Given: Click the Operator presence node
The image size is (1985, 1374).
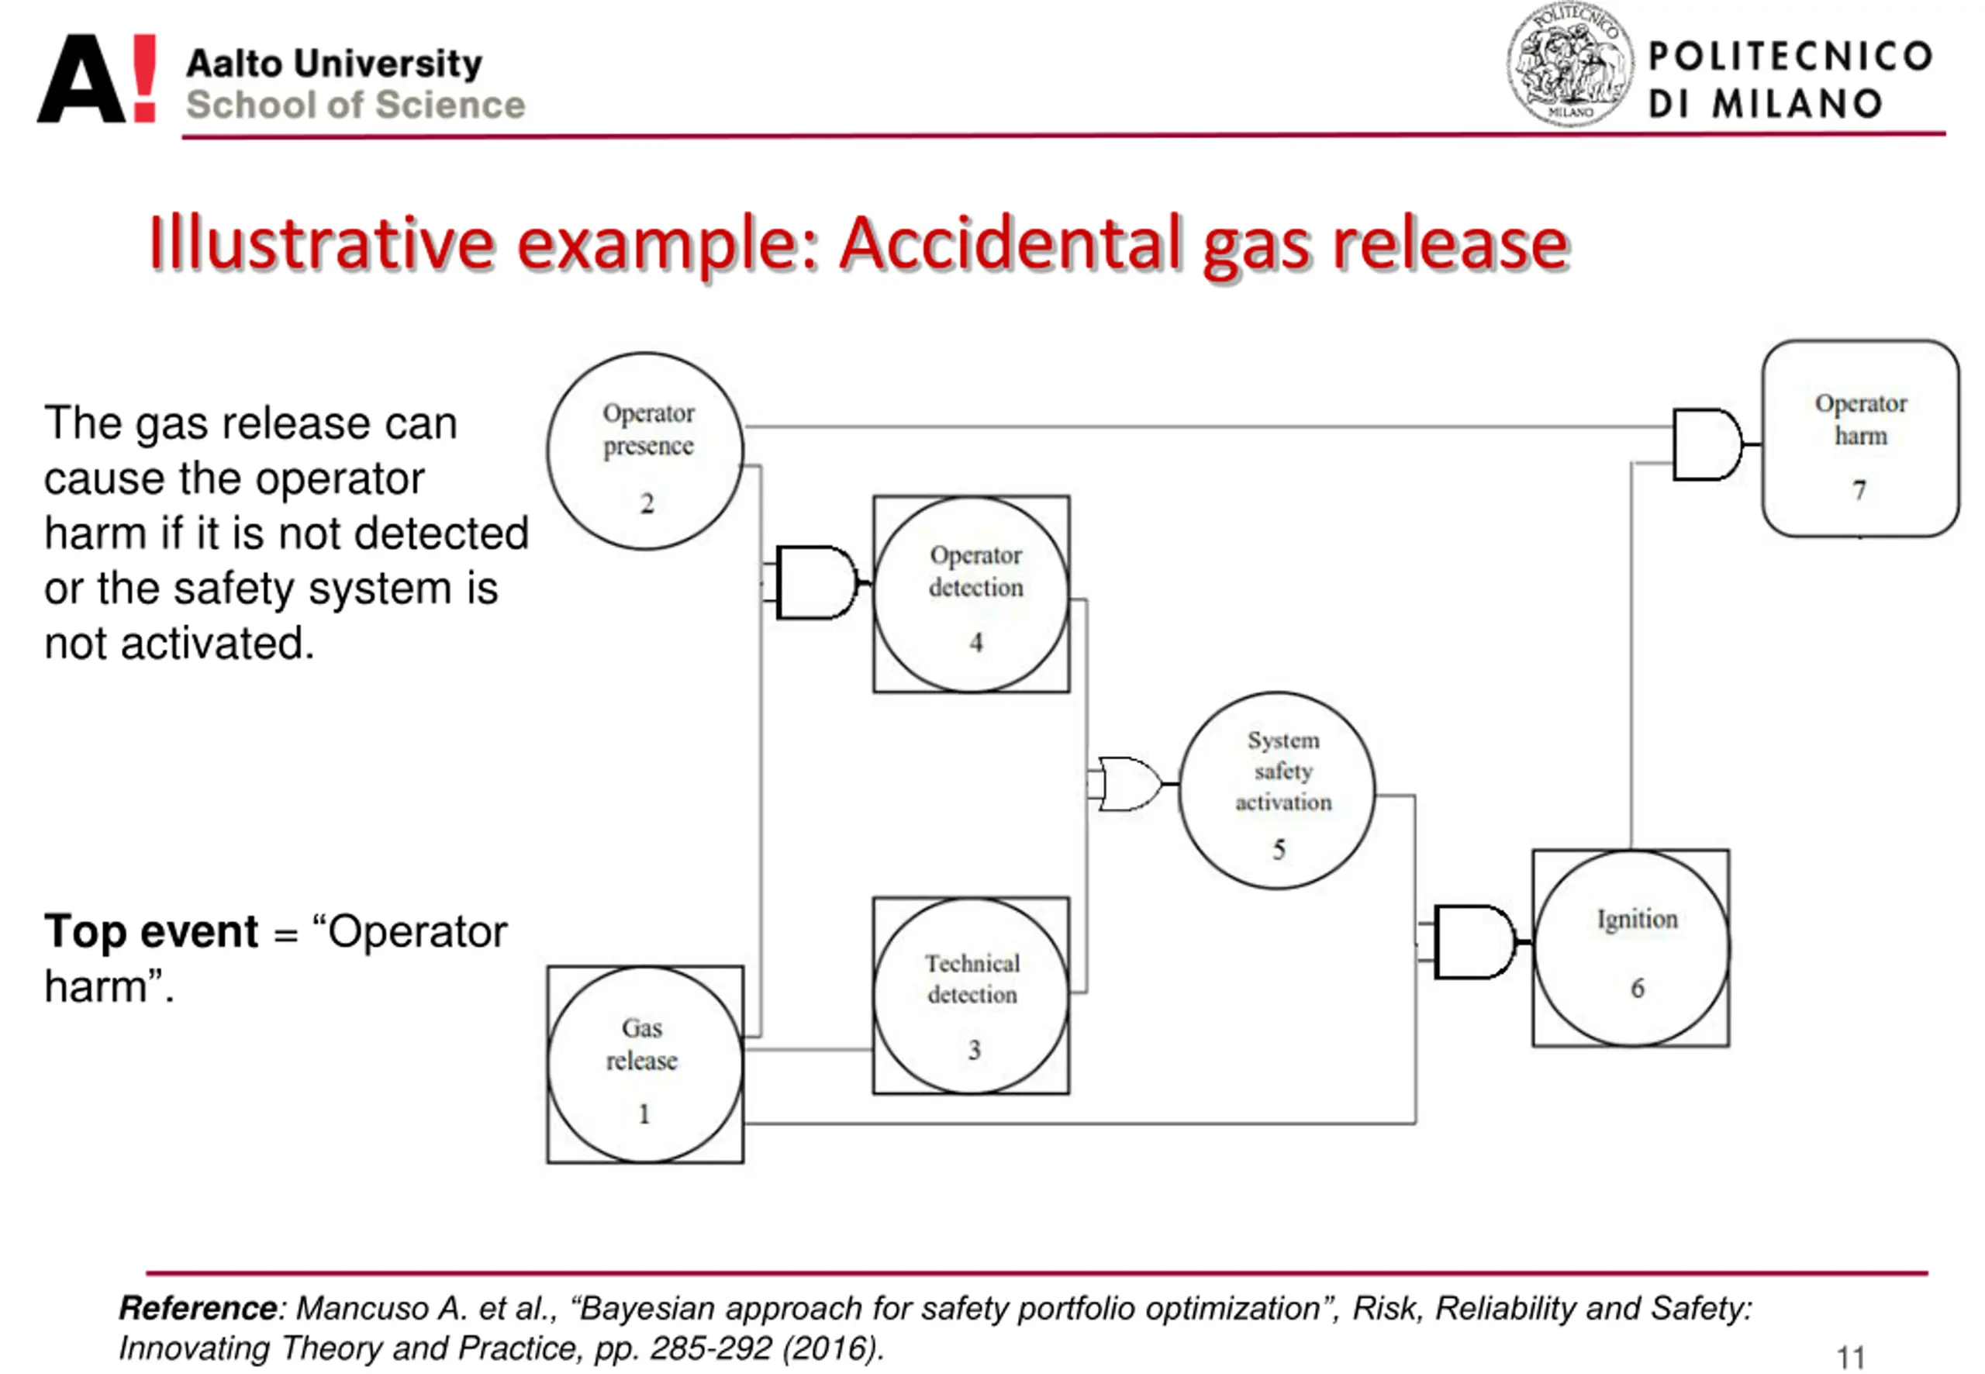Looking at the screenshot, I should coord(646,451).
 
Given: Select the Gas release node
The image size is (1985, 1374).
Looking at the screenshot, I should coord(646,1064).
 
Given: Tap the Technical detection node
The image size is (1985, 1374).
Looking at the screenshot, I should coord(971,996).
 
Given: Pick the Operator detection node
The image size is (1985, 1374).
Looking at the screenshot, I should coord(971,594).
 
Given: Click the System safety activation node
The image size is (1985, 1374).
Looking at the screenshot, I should coord(1277,790).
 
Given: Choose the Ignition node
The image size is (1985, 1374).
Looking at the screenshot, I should coord(1631,948).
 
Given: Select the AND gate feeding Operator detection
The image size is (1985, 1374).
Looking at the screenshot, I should coord(815,582).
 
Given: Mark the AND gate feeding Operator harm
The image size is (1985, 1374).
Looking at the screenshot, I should coord(1706,444).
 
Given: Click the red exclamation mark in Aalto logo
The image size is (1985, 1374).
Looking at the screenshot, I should coord(145,78).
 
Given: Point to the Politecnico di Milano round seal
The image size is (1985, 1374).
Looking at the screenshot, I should coord(1569,65).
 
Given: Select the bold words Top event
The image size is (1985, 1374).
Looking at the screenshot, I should coord(150,931).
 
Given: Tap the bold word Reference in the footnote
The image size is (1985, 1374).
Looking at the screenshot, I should coord(198,1308).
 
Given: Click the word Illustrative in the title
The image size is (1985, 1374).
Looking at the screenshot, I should coord(320,243).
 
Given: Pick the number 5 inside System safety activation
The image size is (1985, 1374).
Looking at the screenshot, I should coord(1279,850).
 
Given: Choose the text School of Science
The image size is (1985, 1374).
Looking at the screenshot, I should coord(355,105).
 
